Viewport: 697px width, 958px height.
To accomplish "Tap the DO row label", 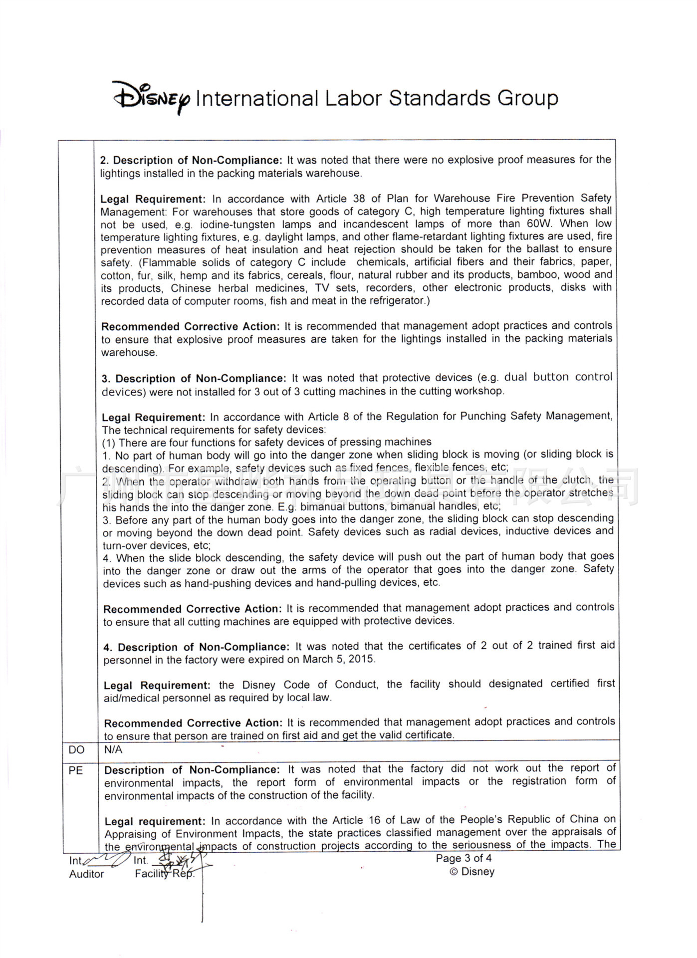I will point(77,750).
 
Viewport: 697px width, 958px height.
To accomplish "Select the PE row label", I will point(76,770).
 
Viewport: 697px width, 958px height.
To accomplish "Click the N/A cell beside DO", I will point(113,749).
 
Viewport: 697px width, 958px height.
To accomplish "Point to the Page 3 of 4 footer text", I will point(464,858).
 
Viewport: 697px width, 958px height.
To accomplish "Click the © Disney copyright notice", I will point(472,872).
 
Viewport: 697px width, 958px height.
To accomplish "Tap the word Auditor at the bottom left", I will point(87,874).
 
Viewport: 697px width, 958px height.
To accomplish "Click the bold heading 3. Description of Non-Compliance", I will point(194,379).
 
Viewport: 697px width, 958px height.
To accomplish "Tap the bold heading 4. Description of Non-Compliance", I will point(197,647).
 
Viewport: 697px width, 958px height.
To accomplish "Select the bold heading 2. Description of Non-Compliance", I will point(191,160).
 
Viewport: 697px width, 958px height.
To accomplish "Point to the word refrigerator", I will point(395,300).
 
